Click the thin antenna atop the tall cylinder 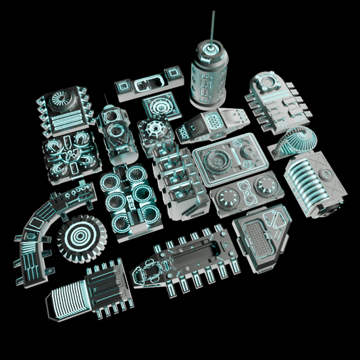coord(213,26)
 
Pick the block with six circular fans coord(130,197)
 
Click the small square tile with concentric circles coord(161,107)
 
